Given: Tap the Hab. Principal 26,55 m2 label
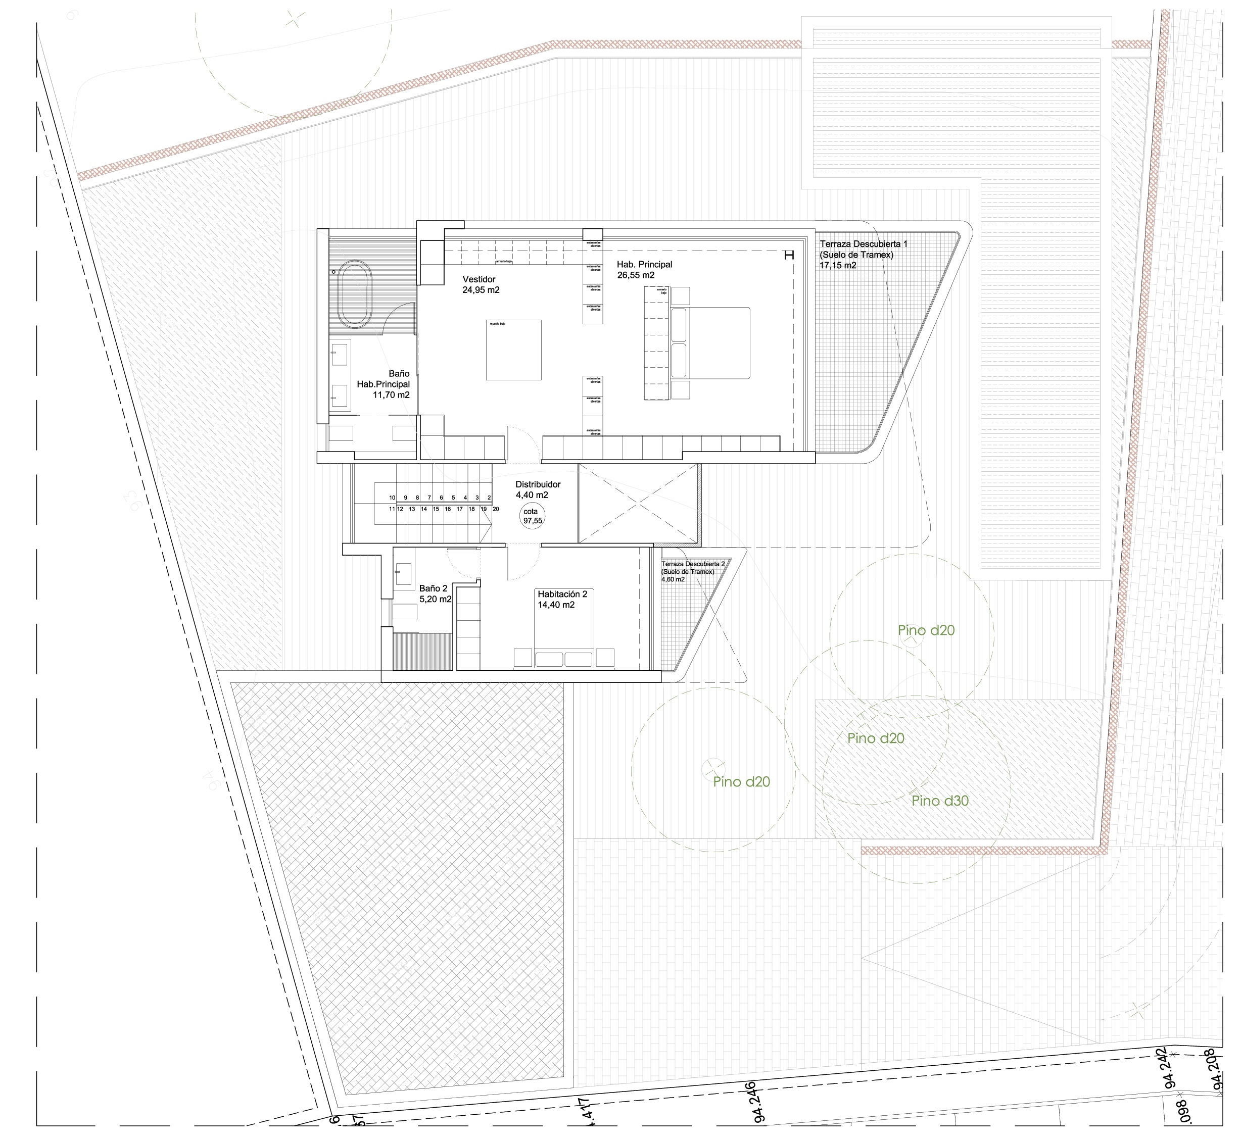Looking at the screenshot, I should click(644, 270).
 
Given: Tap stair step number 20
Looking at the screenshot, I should click(496, 509).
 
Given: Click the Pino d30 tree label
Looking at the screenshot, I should click(940, 801).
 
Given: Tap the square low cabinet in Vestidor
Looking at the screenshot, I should click(513, 350).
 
